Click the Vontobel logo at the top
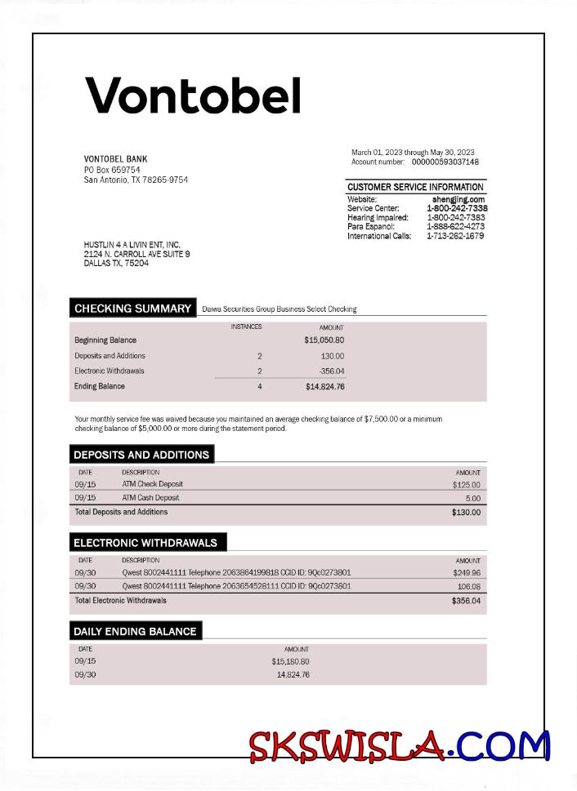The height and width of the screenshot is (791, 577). point(194,96)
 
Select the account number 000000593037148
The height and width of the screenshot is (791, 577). point(445,162)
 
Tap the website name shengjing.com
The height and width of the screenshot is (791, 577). point(458,199)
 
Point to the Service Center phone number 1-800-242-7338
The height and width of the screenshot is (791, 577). point(457,208)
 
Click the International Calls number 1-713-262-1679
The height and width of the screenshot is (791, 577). point(455,236)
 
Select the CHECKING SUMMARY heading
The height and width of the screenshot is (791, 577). point(132,309)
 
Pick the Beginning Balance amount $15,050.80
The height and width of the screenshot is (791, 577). point(324,340)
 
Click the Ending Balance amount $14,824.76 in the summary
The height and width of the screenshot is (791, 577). point(324,387)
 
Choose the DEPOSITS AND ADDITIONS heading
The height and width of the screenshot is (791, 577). point(141,455)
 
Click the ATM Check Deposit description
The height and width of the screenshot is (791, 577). point(153,484)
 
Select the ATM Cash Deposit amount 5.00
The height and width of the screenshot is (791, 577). point(472,498)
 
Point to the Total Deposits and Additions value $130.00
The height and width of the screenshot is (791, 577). point(466,513)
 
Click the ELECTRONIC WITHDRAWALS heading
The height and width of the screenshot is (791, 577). point(145,543)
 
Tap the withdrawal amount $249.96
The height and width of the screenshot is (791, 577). point(466,573)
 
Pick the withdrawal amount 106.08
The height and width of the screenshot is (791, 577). point(468,586)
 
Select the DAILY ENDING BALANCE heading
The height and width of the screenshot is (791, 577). point(135,631)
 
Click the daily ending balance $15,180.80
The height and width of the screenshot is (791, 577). point(290,662)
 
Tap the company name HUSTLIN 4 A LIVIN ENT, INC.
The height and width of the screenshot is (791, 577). point(132,245)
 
